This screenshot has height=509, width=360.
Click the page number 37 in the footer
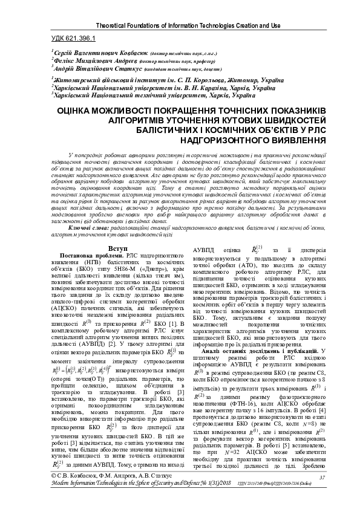(x=322, y=478)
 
